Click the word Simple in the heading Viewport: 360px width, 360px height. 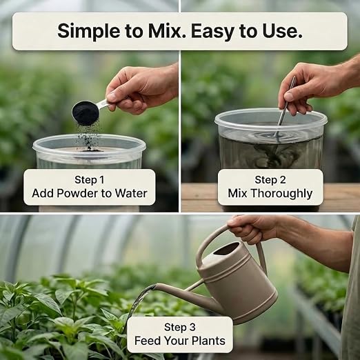click(x=88, y=31)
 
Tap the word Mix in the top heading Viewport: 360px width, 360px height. click(x=166, y=30)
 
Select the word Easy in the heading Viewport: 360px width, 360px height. click(x=212, y=31)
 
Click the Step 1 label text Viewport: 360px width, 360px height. click(x=90, y=180)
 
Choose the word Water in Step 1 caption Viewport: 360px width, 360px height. click(x=131, y=193)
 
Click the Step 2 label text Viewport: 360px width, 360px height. click(x=270, y=180)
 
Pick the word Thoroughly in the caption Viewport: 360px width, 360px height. click(x=281, y=194)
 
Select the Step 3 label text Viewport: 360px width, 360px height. click(x=180, y=327)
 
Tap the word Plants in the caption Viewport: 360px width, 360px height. click(x=208, y=341)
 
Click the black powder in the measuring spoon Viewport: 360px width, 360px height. click(x=86, y=113)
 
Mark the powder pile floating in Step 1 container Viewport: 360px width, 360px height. click(x=92, y=150)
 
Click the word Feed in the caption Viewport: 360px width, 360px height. click(x=148, y=341)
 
